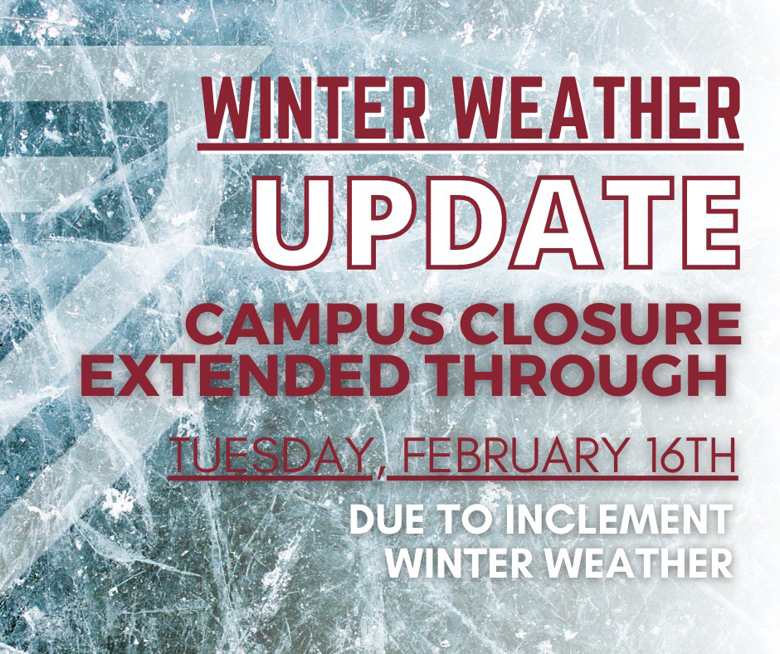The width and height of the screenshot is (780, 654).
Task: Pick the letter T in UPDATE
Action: tap(636, 222)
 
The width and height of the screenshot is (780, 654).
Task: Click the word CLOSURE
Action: tap(604, 327)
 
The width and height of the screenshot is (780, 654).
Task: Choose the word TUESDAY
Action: tap(271, 455)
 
